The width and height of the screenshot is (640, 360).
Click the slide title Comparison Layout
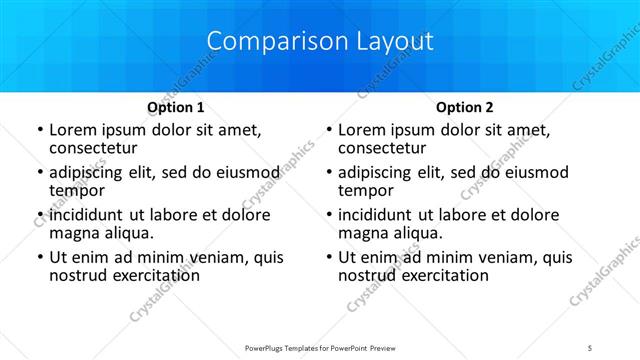pos(320,42)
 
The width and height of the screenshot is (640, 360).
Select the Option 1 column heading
pos(176,107)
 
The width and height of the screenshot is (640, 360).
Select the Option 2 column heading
pos(464,107)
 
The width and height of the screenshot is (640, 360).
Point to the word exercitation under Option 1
pos(149,275)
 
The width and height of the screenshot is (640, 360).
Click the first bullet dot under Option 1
pos(39,131)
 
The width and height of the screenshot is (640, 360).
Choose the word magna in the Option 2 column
pos(362,233)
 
